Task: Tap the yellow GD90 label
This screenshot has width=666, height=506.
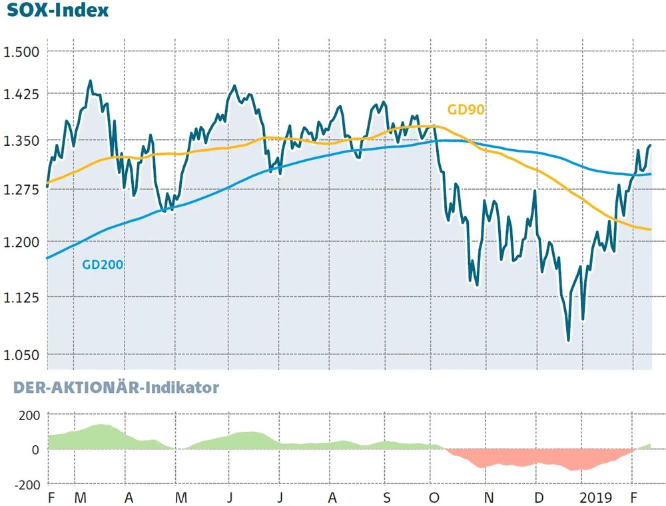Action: point(466,110)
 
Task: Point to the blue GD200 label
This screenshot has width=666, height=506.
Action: point(103,264)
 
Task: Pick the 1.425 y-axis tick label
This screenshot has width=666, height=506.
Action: point(21,95)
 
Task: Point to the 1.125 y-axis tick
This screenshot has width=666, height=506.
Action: point(21,297)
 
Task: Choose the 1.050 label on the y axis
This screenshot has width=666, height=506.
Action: point(21,356)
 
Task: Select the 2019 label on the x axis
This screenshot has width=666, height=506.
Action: point(595,498)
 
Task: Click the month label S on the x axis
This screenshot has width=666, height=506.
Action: point(387,498)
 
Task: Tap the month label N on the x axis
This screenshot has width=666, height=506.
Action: point(488,498)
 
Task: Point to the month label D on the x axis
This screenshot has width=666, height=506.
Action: point(539,498)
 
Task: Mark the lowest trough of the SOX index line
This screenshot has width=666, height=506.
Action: point(568,340)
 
